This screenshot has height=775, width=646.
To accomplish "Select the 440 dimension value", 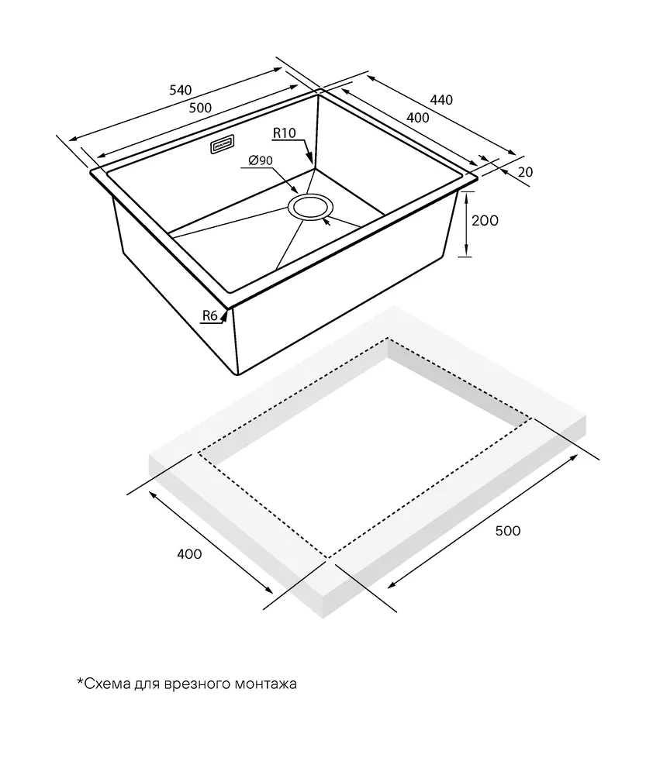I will coord(440,100).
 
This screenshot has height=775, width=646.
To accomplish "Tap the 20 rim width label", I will coord(525,172).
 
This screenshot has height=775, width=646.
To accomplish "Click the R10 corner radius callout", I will coord(285,134).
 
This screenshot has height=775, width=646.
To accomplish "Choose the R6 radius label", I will coord(209,315).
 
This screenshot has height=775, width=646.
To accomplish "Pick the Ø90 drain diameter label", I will coord(260,160).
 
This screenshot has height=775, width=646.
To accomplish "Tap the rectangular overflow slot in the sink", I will coord(223,146).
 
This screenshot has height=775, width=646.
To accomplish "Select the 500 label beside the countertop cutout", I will coord(507,531).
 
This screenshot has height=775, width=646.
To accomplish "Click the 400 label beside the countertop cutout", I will coord(189,554).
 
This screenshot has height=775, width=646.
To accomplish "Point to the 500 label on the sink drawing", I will coord(201,107).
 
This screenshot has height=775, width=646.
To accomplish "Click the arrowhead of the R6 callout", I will coord(226,312).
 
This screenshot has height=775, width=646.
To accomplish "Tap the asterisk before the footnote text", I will coord(80,682).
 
